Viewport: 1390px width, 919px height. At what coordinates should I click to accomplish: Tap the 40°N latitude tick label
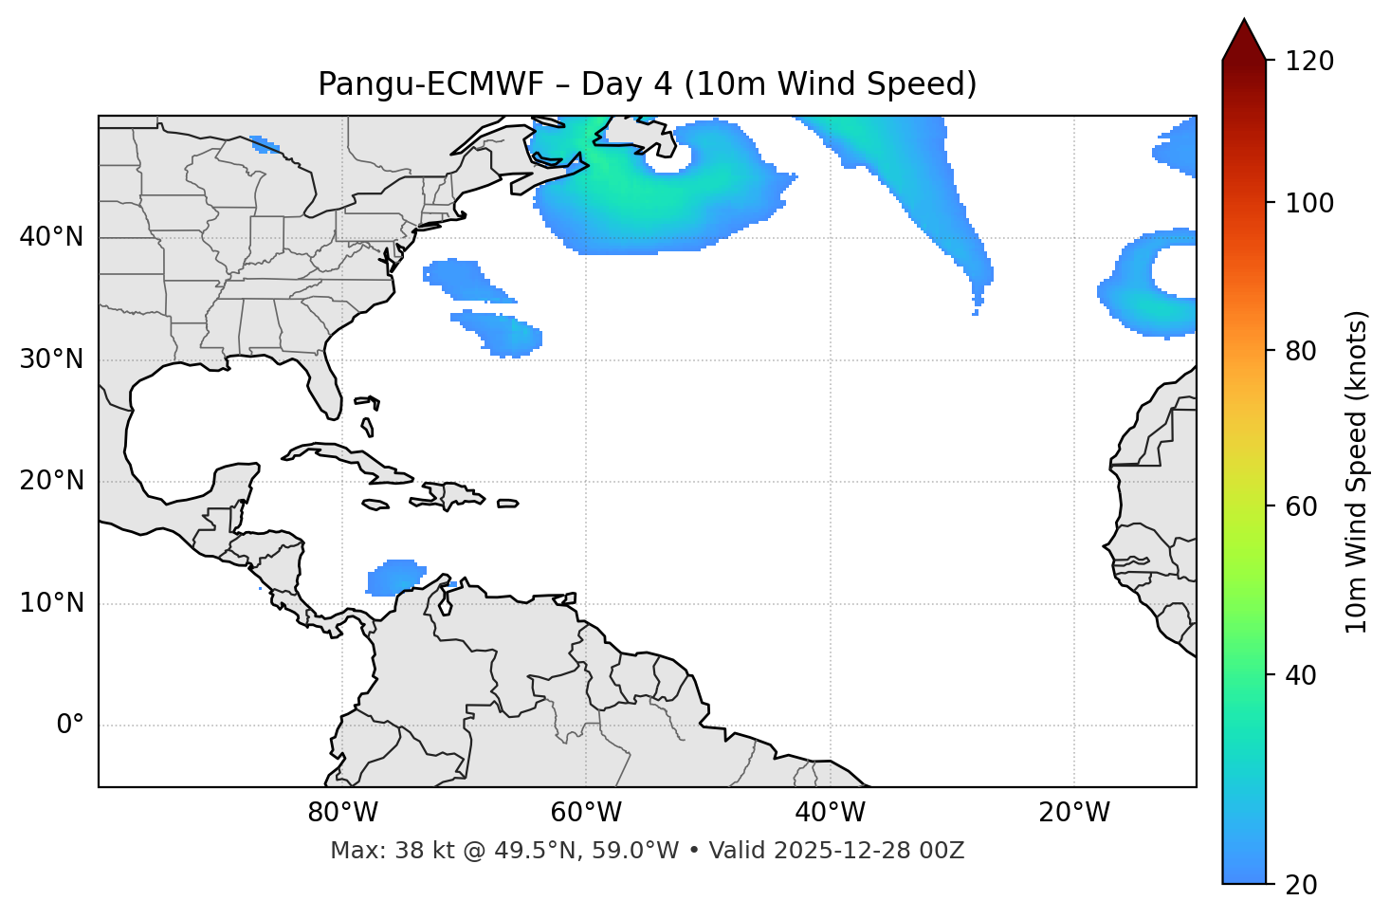(51, 237)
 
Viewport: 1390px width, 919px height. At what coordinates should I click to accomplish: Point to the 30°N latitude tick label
(51, 359)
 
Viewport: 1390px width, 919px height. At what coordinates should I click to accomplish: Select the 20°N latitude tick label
(51, 482)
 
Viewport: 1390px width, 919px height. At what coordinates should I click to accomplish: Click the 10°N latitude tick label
(51, 603)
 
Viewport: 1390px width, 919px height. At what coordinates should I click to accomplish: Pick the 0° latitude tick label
(69, 726)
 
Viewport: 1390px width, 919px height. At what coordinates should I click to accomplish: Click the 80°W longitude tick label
(342, 813)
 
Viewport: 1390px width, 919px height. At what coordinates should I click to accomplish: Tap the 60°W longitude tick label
(586, 813)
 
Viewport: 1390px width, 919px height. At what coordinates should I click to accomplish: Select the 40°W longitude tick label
(830, 813)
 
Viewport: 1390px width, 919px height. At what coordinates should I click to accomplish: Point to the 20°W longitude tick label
(1073, 813)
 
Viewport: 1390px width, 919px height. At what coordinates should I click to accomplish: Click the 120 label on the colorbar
(1311, 61)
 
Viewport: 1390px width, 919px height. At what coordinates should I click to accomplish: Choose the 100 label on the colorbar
(1311, 203)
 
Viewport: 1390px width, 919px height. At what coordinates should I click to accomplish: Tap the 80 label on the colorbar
(1306, 351)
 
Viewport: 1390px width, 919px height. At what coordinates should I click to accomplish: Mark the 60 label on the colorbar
(1306, 506)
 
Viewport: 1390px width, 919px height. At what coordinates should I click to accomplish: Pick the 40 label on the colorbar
(1306, 675)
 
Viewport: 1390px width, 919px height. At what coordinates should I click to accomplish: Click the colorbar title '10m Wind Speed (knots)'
(1357, 471)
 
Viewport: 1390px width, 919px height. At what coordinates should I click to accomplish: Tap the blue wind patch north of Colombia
(395, 577)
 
